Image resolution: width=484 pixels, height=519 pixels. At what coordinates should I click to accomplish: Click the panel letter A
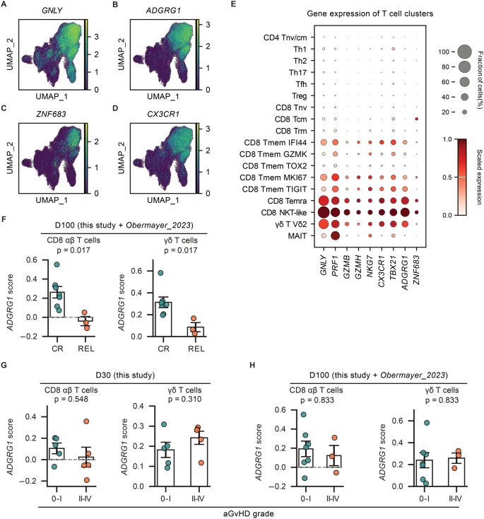[6, 6]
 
